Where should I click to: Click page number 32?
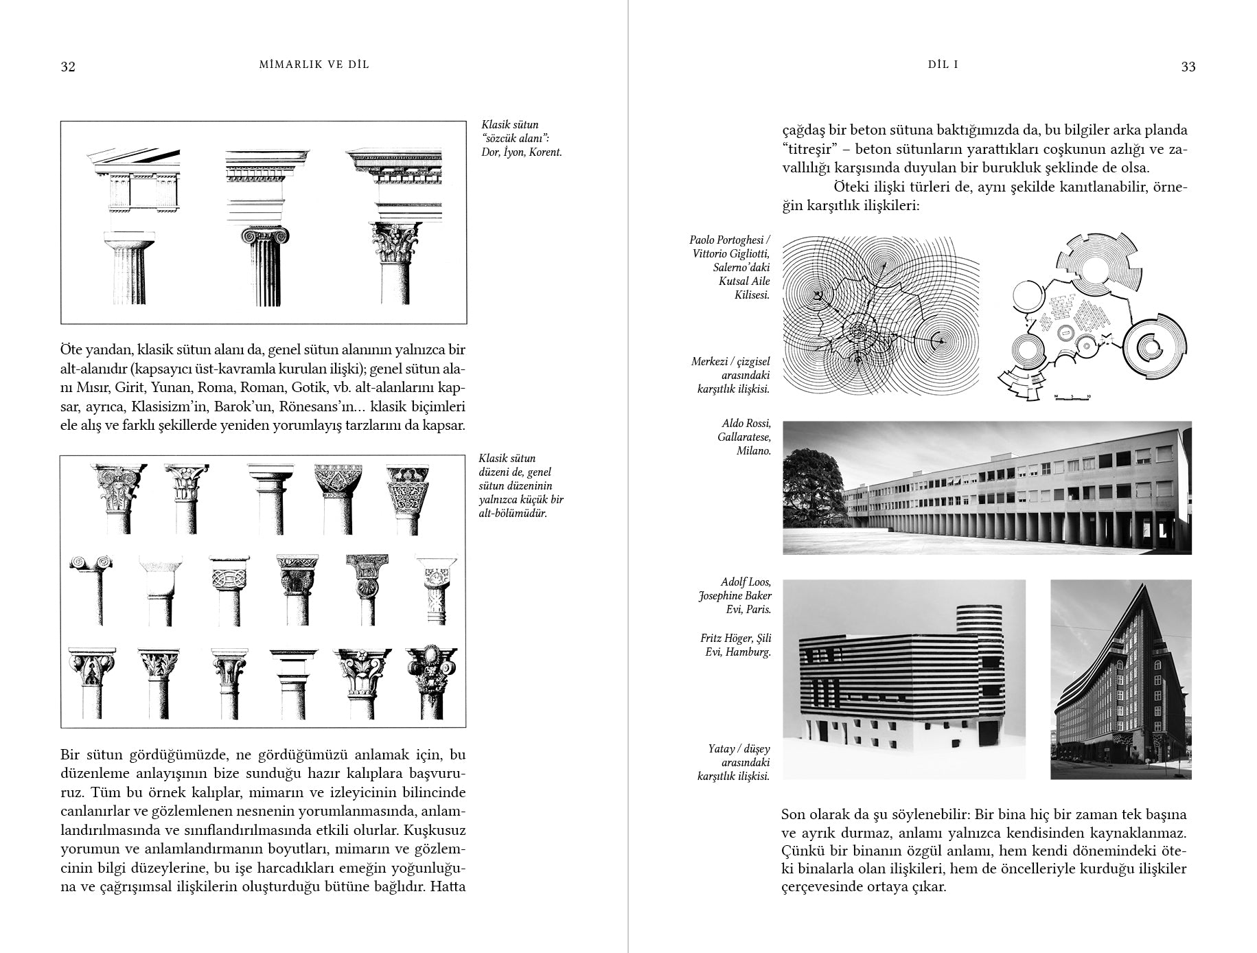(68, 67)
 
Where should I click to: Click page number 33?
(1188, 67)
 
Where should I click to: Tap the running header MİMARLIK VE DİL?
(314, 65)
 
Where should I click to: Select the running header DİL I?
(943, 65)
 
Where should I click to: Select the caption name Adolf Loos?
(746, 582)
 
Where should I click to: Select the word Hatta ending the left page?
(447, 886)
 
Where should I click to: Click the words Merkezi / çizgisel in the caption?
(730, 362)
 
